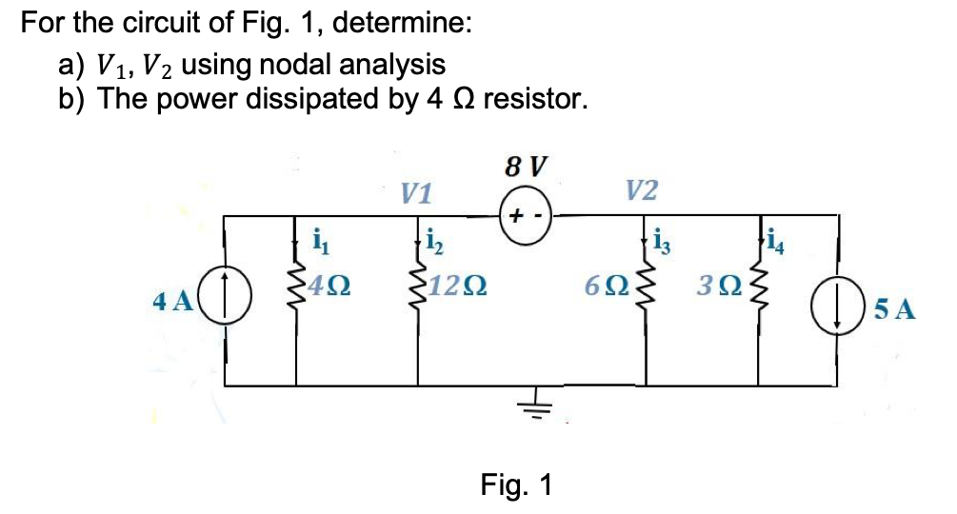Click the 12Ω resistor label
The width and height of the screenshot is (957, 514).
[x=457, y=286]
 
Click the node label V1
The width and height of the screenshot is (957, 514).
[x=415, y=194]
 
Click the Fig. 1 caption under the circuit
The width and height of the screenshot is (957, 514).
[x=516, y=484]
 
